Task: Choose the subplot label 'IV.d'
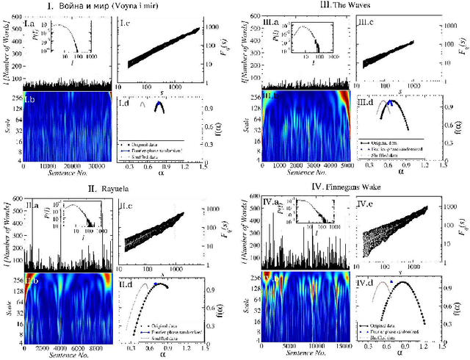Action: [369, 284]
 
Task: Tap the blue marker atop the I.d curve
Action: [159, 104]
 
